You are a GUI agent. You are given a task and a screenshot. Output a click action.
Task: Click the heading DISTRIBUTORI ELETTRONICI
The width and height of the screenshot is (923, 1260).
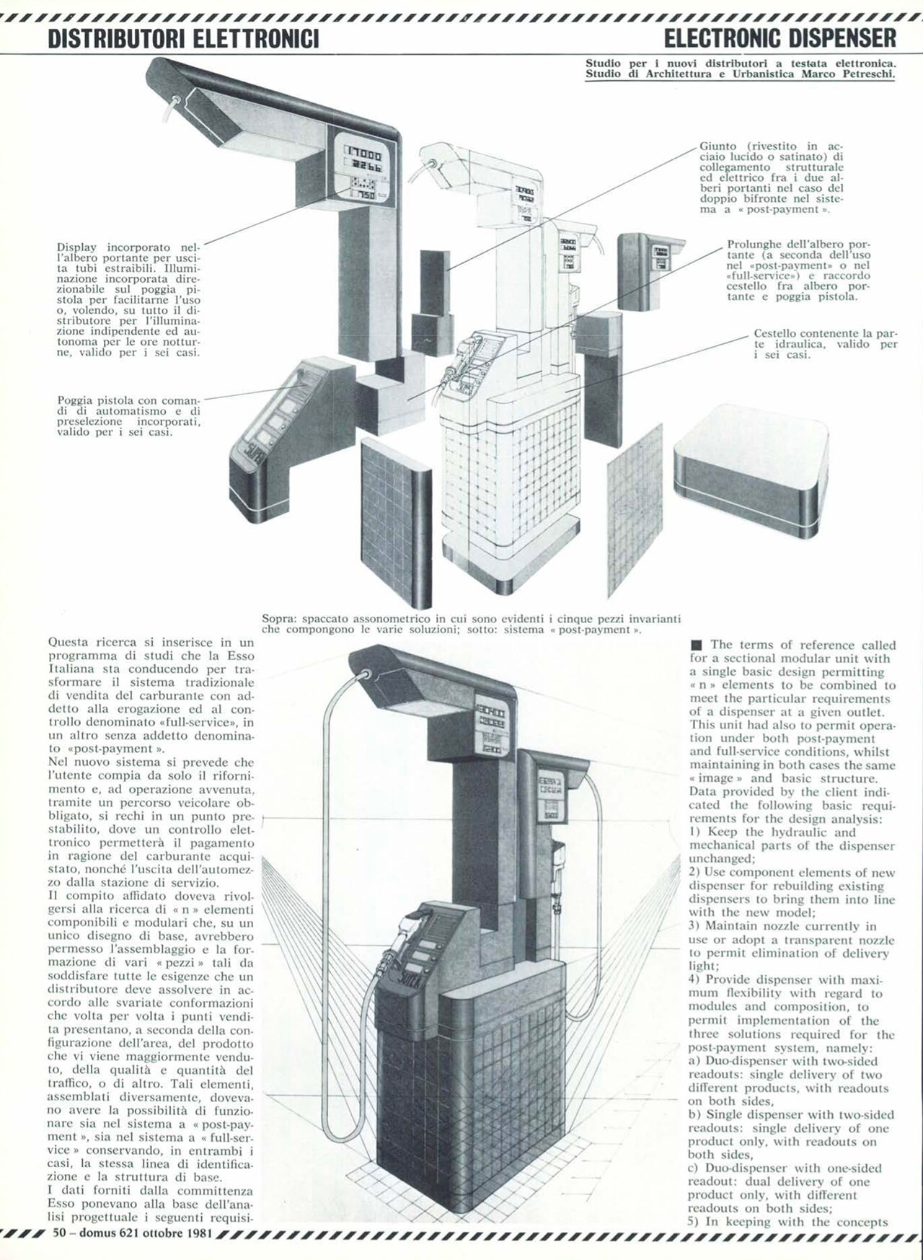click(x=183, y=37)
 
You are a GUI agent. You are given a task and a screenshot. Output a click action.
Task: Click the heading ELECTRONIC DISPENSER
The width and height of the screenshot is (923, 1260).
click(x=780, y=37)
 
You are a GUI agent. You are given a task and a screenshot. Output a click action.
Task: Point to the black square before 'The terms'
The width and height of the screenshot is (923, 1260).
click(x=696, y=645)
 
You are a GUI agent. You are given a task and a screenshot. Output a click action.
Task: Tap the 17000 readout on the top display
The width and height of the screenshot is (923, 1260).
click(x=368, y=153)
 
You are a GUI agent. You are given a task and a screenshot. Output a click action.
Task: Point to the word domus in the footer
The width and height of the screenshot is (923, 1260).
click(x=101, y=1233)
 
